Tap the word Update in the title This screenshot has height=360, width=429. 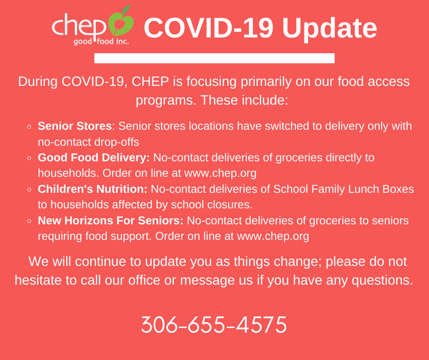[330, 28]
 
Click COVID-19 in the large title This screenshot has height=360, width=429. [209, 28]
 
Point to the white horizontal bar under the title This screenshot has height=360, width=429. [214, 58]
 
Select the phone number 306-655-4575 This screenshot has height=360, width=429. [214, 324]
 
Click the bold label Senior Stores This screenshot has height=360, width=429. [75, 126]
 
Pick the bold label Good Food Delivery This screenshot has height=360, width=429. [94, 158]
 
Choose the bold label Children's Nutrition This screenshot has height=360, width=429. [93, 189]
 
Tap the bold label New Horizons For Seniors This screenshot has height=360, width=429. [110, 221]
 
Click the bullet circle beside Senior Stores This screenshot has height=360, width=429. [29, 127]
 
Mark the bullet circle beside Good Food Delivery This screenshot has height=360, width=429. [29, 158]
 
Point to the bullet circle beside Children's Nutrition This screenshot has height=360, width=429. [29, 190]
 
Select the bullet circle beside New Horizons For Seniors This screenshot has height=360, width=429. [29, 221]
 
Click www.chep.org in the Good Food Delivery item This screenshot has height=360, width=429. [220, 174]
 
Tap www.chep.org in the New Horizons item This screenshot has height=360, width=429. [273, 237]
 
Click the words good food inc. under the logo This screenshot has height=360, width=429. [101, 42]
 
